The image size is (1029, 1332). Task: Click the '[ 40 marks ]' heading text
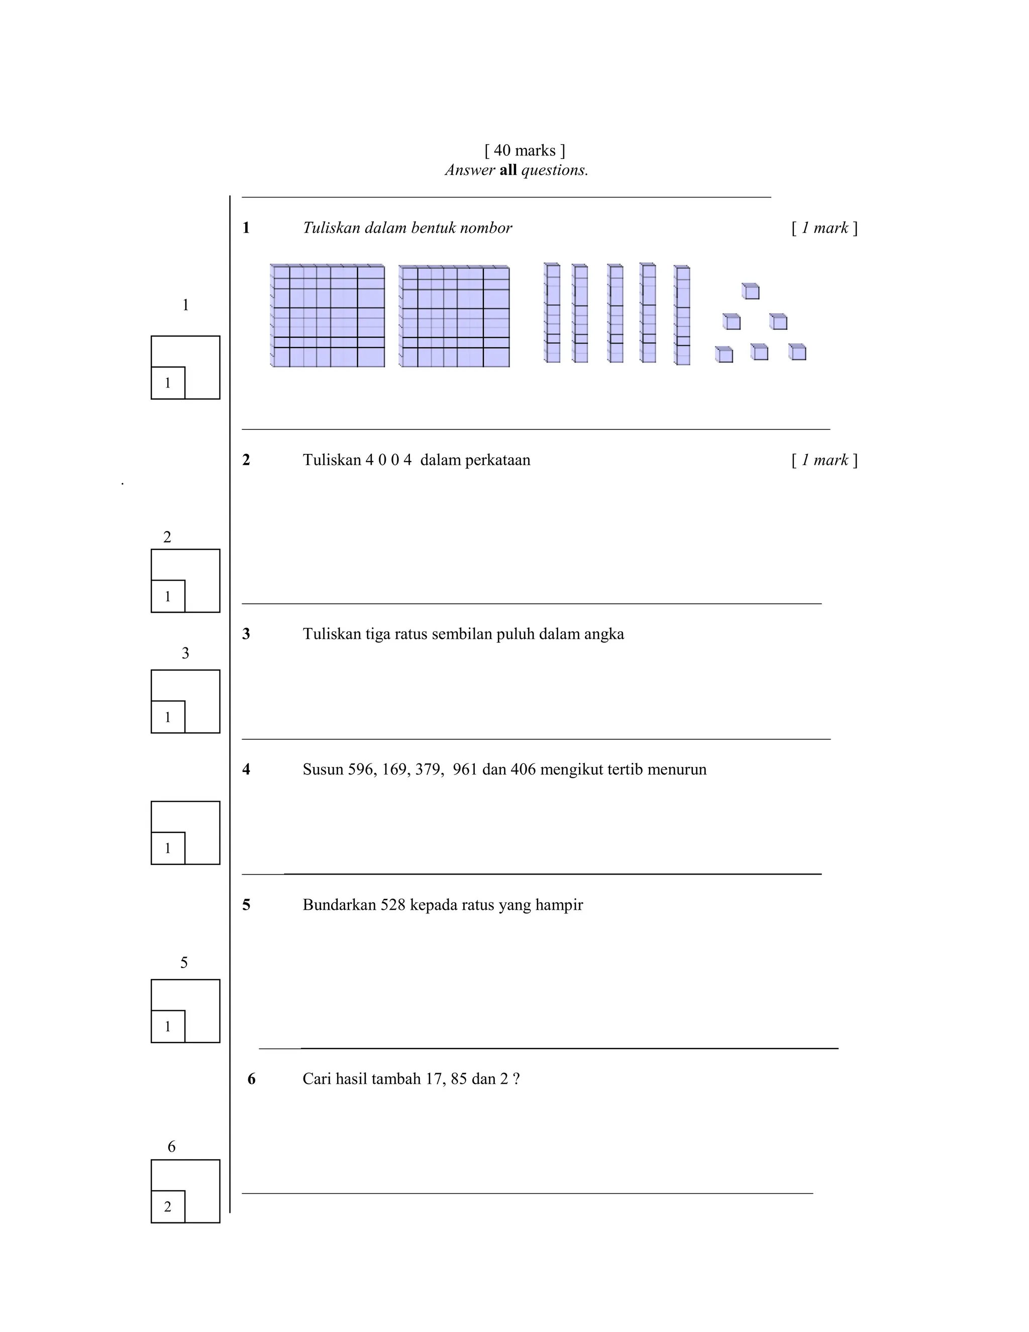coord(524,151)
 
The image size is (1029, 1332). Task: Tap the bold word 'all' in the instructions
coord(508,170)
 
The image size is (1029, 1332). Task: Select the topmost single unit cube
coord(751,292)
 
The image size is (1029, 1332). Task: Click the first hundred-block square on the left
coord(328,316)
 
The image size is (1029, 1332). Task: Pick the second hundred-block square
coord(454,317)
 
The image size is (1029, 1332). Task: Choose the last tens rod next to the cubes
coord(682,315)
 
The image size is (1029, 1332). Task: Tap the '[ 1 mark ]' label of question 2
coord(824,460)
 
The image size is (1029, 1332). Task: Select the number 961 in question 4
coord(465,770)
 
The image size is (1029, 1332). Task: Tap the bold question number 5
coord(246,905)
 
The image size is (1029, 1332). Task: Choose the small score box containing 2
coord(168,1207)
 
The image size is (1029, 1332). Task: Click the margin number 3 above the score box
coord(185,654)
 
